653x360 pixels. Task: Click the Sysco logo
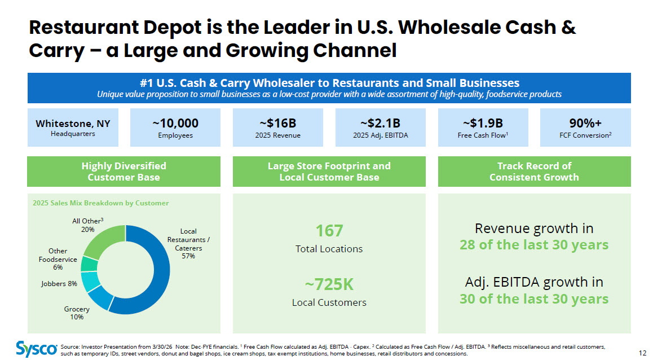point(36,349)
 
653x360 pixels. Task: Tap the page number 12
point(642,353)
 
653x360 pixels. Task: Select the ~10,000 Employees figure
point(175,124)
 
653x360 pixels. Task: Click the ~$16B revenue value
point(278,124)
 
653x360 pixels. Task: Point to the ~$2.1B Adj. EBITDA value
point(380,124)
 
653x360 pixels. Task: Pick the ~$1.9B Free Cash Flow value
point(483,124)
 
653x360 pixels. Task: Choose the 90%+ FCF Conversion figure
point(585,124)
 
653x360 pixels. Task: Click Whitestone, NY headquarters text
point(73,124)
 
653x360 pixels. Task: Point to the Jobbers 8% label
point(59,284)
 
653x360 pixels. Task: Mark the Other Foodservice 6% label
point(58,259)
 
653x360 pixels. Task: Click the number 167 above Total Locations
point(329,231)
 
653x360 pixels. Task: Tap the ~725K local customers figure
point(329,284)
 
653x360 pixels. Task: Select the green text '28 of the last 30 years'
point(534,244)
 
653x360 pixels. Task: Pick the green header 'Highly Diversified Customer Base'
point(123,172)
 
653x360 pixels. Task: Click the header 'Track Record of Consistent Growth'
point(535,172)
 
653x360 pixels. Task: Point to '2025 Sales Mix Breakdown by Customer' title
point(101,203)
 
